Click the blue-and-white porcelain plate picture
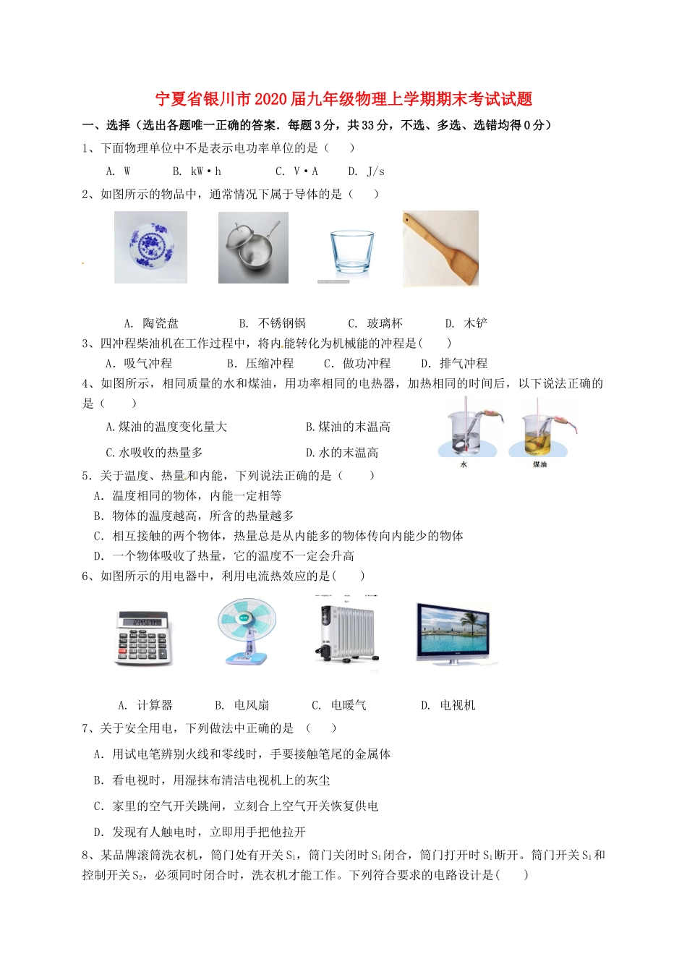(x=150, y=247)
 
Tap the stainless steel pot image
(x=253, y=247)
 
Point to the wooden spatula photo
(x=440, y=248)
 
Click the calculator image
(x=142, y=637)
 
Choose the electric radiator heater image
(x=347, y=632)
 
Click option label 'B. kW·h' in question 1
(x=197, y=171)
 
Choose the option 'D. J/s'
(x=366, y=171)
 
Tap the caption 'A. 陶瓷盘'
(x=151, y=323)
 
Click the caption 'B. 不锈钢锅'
(x=272, y=323)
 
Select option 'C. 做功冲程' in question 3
(x=357, y=363)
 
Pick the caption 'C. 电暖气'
(x=338, y=705)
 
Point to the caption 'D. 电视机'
(x=448, y=705)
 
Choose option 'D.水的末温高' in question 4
(x=342, y=453)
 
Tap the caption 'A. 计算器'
(x=145, y=705)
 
